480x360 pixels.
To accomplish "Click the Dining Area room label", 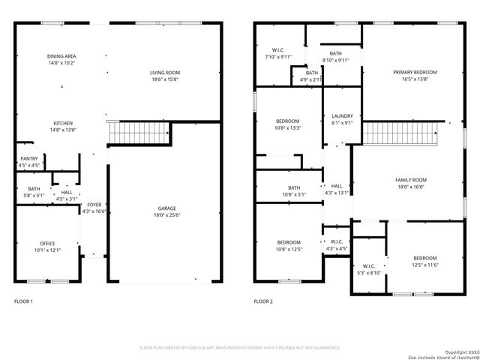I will (x=61, y=56).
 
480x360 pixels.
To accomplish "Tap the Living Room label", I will (x=165, y=73).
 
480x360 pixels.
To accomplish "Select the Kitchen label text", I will (x=62, y=124).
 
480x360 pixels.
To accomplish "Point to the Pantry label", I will (x=28, y=158).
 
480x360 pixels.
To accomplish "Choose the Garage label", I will (x=166, y=208).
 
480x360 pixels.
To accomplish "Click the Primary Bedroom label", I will (x=415, y=72).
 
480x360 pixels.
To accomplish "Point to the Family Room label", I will (x=410, y=180).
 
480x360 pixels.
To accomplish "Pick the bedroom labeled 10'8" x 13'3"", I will (x=287, y=121).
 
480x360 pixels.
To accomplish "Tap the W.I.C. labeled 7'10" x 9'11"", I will (x=277, y=51).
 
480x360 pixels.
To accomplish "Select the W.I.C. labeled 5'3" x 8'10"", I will (x=369, y=266).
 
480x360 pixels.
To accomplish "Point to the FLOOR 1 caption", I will (x=23, y=301).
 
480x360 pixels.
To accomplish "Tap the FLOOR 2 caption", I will (x=262, y=301).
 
